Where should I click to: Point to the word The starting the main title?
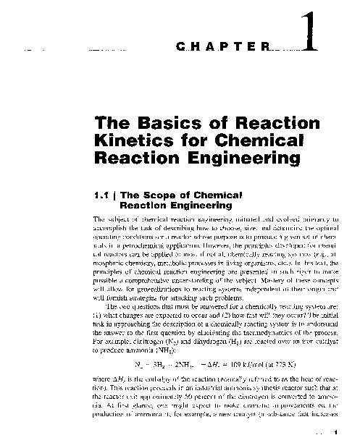[109, 122]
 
